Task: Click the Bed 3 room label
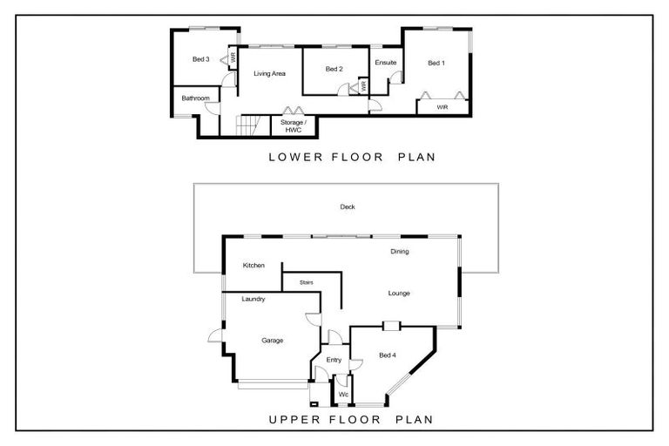[x=201, y=59]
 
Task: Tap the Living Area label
[x=270, y=73]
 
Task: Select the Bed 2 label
[x=334, y=69]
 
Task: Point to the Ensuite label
[x=386, y=63]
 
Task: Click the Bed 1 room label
[x=436, y=63]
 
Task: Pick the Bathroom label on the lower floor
[x=196, y=98]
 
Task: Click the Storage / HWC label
[x=293, y=126]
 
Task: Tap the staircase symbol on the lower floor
[x=248, y=125]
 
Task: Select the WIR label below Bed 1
[x=443, y=107]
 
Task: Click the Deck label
[x=348, y=206]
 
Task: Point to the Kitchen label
[x=253, y=265]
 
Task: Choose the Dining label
[x=400, y=252]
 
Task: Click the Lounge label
[x=399, y=294]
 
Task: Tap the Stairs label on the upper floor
[x=307, y=282]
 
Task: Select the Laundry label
[x=253, y=299]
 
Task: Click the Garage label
[x=272, y=341]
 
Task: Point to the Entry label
[x=334, y=360]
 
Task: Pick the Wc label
[x=343, y=395]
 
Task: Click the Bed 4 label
[x=388, y=355]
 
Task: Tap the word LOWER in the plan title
[x=295, y=157]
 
